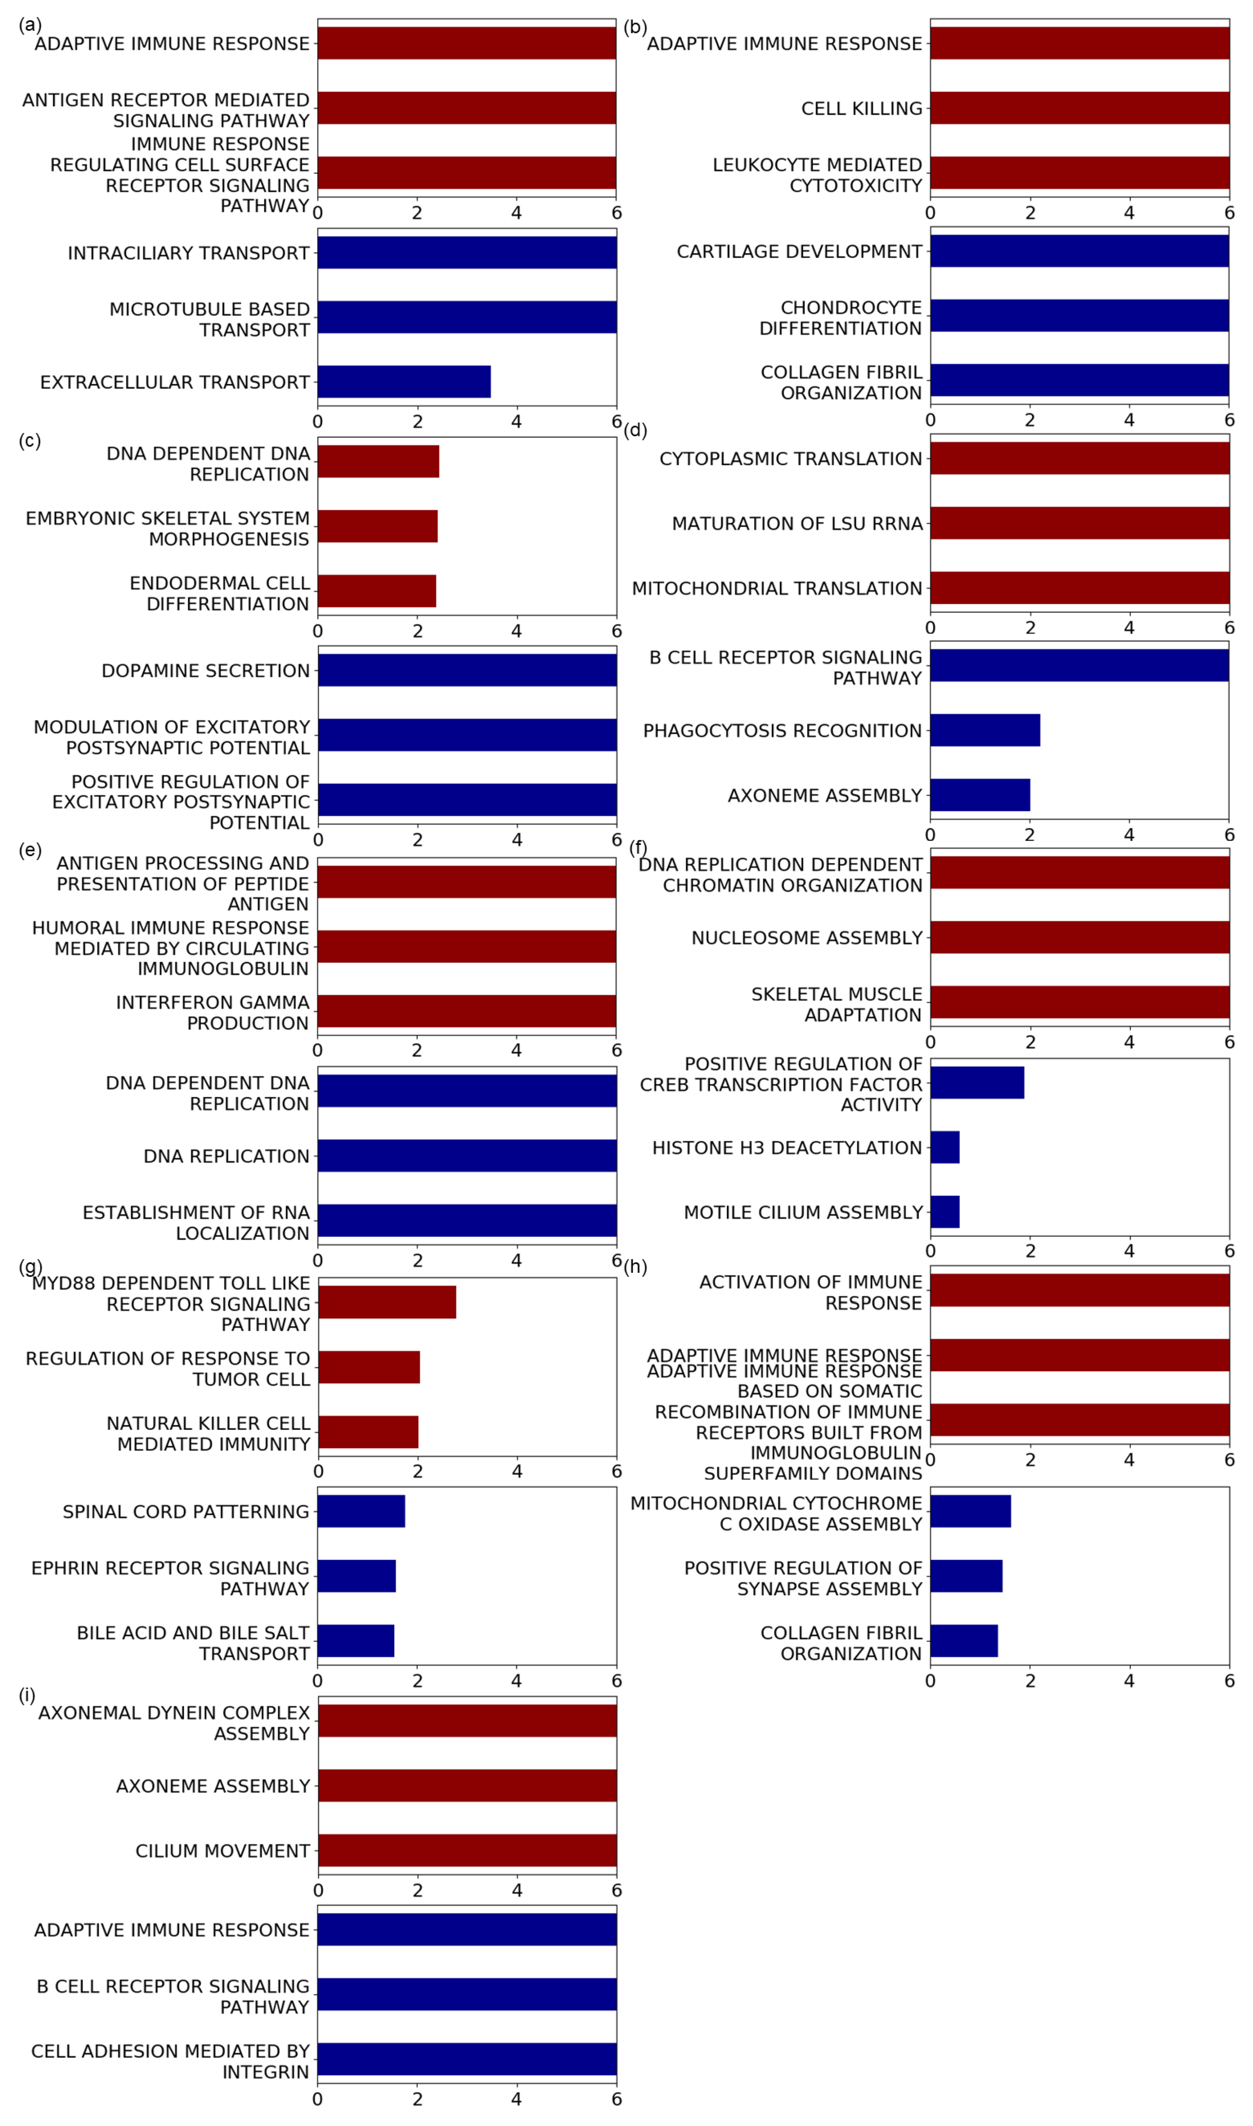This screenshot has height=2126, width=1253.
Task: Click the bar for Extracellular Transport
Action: pos(404,381)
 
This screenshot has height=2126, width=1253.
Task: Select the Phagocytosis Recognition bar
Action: pos(984,730)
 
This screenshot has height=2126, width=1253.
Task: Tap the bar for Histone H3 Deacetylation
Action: pos(945,1147)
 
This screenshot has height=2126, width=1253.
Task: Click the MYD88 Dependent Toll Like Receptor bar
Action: pos(387,1302)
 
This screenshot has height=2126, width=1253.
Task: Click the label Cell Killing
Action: pos(861,108)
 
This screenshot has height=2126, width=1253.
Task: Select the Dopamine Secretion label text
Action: pos(205,670)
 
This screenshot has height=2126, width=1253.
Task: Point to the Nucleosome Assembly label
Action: pos(806,938)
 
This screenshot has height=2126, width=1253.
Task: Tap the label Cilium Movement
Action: pos(222,1851)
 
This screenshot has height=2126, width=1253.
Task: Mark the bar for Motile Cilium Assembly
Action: pos(945,1211)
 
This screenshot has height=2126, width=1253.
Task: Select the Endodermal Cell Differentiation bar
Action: pos(377,591)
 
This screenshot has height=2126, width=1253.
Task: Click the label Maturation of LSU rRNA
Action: pos(797,523)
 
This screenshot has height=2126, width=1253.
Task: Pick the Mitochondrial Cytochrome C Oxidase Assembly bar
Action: pos(970,1511)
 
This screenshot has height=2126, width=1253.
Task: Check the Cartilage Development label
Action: pos(799,251)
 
